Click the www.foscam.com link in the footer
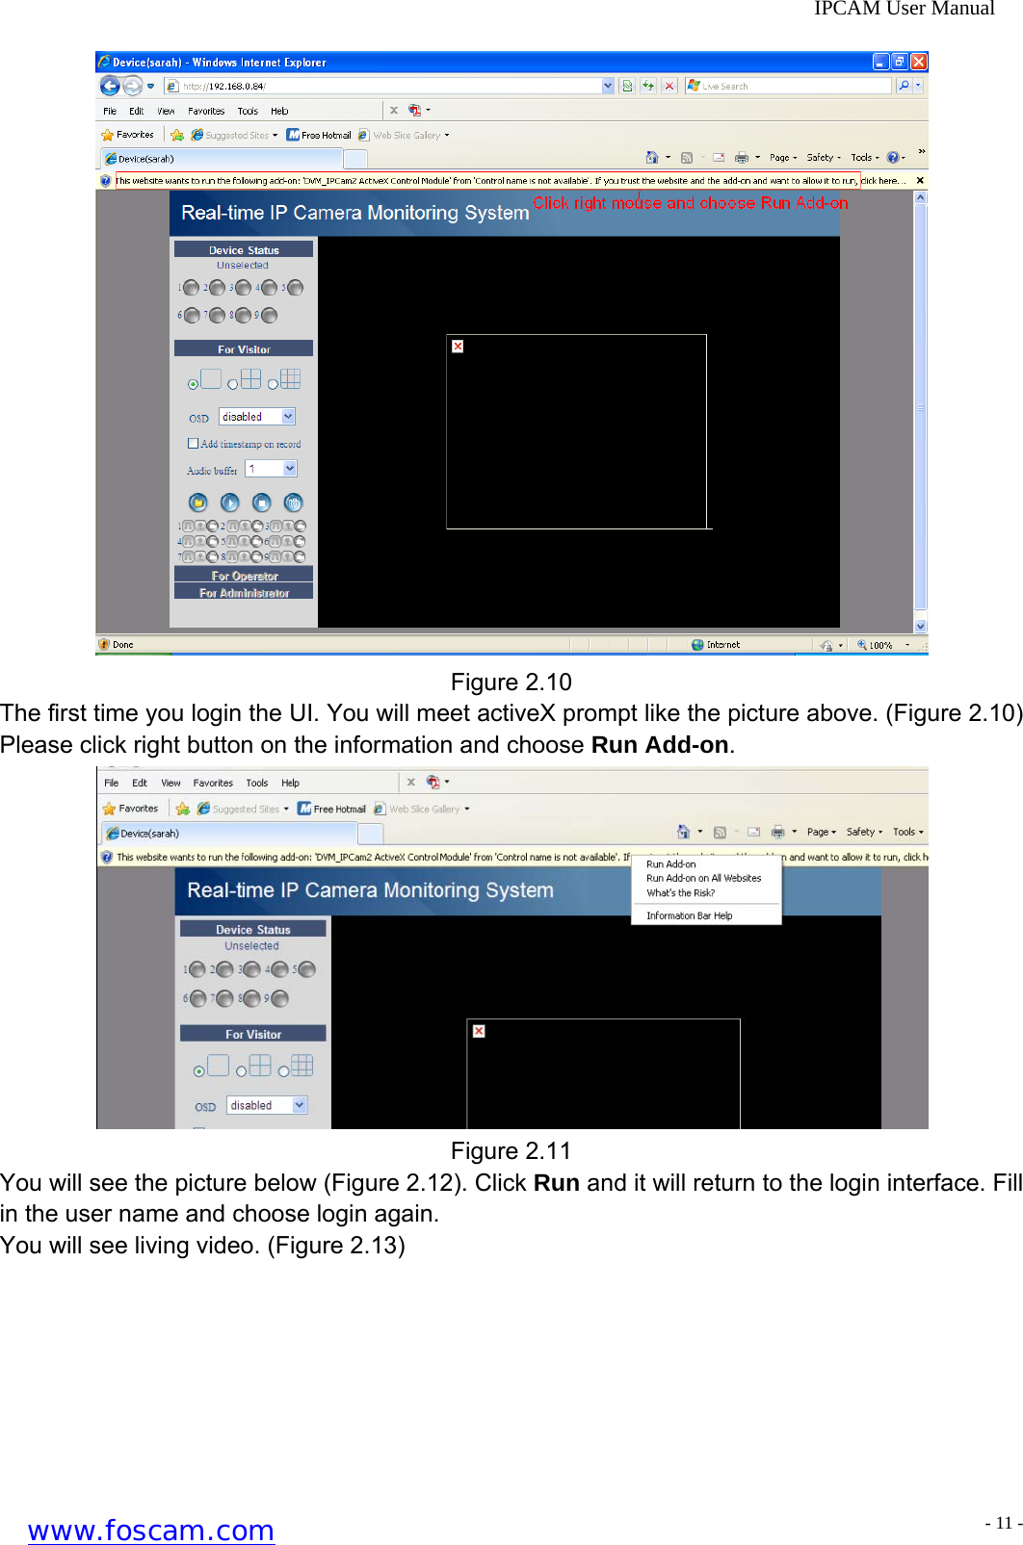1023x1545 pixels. coord(151,1530)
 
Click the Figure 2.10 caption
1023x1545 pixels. coord(511,682)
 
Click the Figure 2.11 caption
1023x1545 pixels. coord(511,1151)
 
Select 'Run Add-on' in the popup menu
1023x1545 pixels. coord(671,864)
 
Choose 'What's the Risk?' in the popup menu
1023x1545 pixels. coord(680,893)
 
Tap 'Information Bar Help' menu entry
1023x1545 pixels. coord(689,916)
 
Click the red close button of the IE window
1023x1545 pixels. coord(919,62)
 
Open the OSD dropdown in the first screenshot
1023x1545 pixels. coord(288,417)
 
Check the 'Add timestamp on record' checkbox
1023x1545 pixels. coord(194,444)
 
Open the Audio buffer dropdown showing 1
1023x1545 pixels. coord(290,469)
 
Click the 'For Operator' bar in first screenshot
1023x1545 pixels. coord(244,576)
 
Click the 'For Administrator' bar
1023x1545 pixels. coord(244,593)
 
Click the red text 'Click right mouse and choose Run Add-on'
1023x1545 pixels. coord(691,203)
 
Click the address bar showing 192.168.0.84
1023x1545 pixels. coord(385,86)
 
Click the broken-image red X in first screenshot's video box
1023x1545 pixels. coord(458,347)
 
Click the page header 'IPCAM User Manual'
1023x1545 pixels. coord(904,9)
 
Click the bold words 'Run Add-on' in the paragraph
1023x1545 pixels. coord(659,745)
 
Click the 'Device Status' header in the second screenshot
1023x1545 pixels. coord(252,930)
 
